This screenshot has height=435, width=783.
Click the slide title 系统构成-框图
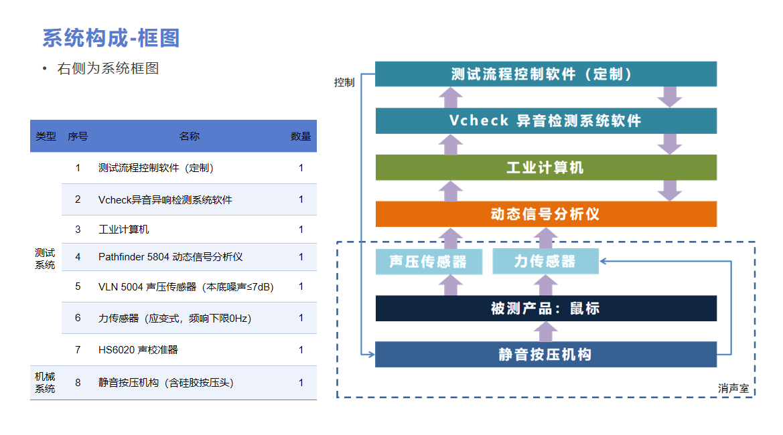point(111,38)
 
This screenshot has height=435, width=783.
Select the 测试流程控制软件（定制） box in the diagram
point(546,74)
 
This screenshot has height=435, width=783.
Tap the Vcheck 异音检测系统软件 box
point(546,120)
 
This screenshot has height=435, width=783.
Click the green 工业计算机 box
point(546,167)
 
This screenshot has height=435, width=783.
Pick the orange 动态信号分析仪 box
point(546,214)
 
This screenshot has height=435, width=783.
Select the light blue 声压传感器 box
point(429,262)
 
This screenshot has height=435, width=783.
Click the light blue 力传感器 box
point(545,262)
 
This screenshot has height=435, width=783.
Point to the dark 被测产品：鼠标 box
point(546,309)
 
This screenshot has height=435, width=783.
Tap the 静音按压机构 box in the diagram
point(546,355)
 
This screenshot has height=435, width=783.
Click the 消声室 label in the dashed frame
point(733,388)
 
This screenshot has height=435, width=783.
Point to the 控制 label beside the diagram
point(344,82)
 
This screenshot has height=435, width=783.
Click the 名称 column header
point(190,136)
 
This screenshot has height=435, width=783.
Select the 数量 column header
point(301,136)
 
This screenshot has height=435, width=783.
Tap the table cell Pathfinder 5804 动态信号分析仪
point(170,257)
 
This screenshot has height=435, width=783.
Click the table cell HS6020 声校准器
point(138,350)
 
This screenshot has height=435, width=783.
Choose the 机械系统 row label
point(45,383)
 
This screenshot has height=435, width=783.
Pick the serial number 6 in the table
point(78,318)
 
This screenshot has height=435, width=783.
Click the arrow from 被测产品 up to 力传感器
point(545,285)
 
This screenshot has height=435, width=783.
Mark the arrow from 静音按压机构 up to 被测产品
point(545,331)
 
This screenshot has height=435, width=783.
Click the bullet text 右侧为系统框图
point(108,68)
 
